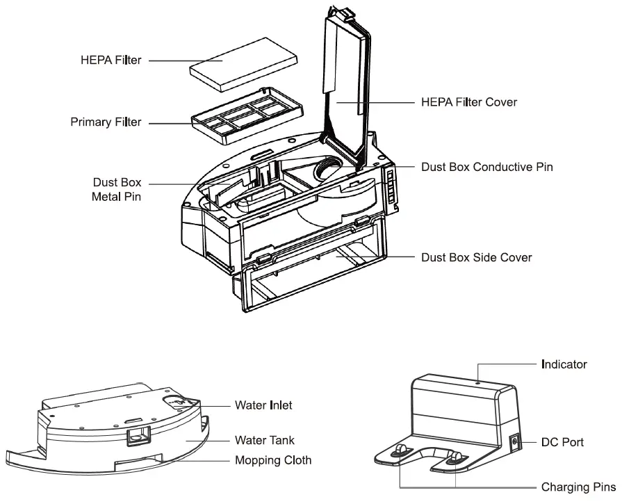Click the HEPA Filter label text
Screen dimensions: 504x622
point(111,60)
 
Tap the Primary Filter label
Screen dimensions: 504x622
point(106,122)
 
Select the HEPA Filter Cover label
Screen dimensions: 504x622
point(469,102)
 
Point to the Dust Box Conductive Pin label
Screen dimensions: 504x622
point(487,168)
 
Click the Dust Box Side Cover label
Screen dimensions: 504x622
point(477,257)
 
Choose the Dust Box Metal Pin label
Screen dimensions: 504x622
point(116,189)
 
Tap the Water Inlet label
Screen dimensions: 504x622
point(263,405)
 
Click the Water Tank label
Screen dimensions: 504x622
point(264,440)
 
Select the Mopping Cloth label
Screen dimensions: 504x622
point(273,460)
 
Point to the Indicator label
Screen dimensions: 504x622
point(564,364)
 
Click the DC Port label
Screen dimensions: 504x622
point(562,442)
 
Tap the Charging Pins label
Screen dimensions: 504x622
point(578,487)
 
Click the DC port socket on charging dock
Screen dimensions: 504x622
point(515,441)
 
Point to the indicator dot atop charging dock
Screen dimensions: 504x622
point(479,380)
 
